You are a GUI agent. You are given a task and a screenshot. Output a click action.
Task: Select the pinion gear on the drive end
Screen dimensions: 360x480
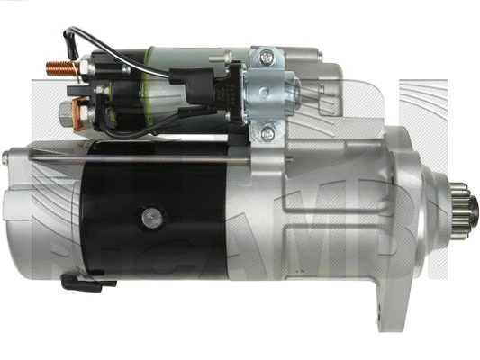coord(466,213)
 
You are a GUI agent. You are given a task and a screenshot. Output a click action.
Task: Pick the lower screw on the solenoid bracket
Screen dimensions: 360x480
coord(266,134)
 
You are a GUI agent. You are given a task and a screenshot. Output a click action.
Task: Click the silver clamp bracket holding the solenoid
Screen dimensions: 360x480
coord(267,94)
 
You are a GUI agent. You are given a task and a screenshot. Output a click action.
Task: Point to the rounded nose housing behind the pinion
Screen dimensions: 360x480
coord(423,211)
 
